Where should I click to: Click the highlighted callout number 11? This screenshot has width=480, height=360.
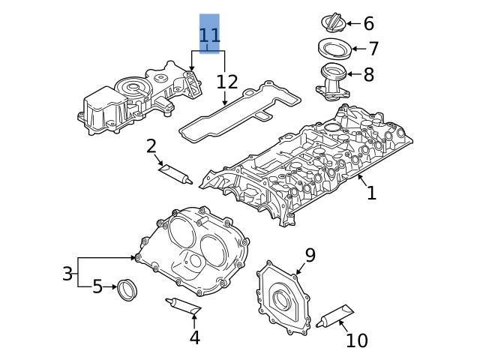[209, 34]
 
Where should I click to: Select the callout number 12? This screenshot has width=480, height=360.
[227, 82]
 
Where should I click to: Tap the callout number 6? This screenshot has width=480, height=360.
[368, 24]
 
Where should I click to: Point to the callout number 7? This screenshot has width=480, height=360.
[373, 49]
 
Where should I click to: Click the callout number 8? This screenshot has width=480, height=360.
[368, 75]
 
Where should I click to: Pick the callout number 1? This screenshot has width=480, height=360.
[371, 193]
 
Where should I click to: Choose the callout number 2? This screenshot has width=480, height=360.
[151, 145]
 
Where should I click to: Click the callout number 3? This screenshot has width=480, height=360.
[67, 274]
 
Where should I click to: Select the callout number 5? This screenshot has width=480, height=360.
[97, 286]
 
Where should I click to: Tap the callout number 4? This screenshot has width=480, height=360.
[194, 337]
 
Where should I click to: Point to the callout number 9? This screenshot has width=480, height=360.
[310, 255]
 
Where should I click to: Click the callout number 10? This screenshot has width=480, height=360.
[357, 340]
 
